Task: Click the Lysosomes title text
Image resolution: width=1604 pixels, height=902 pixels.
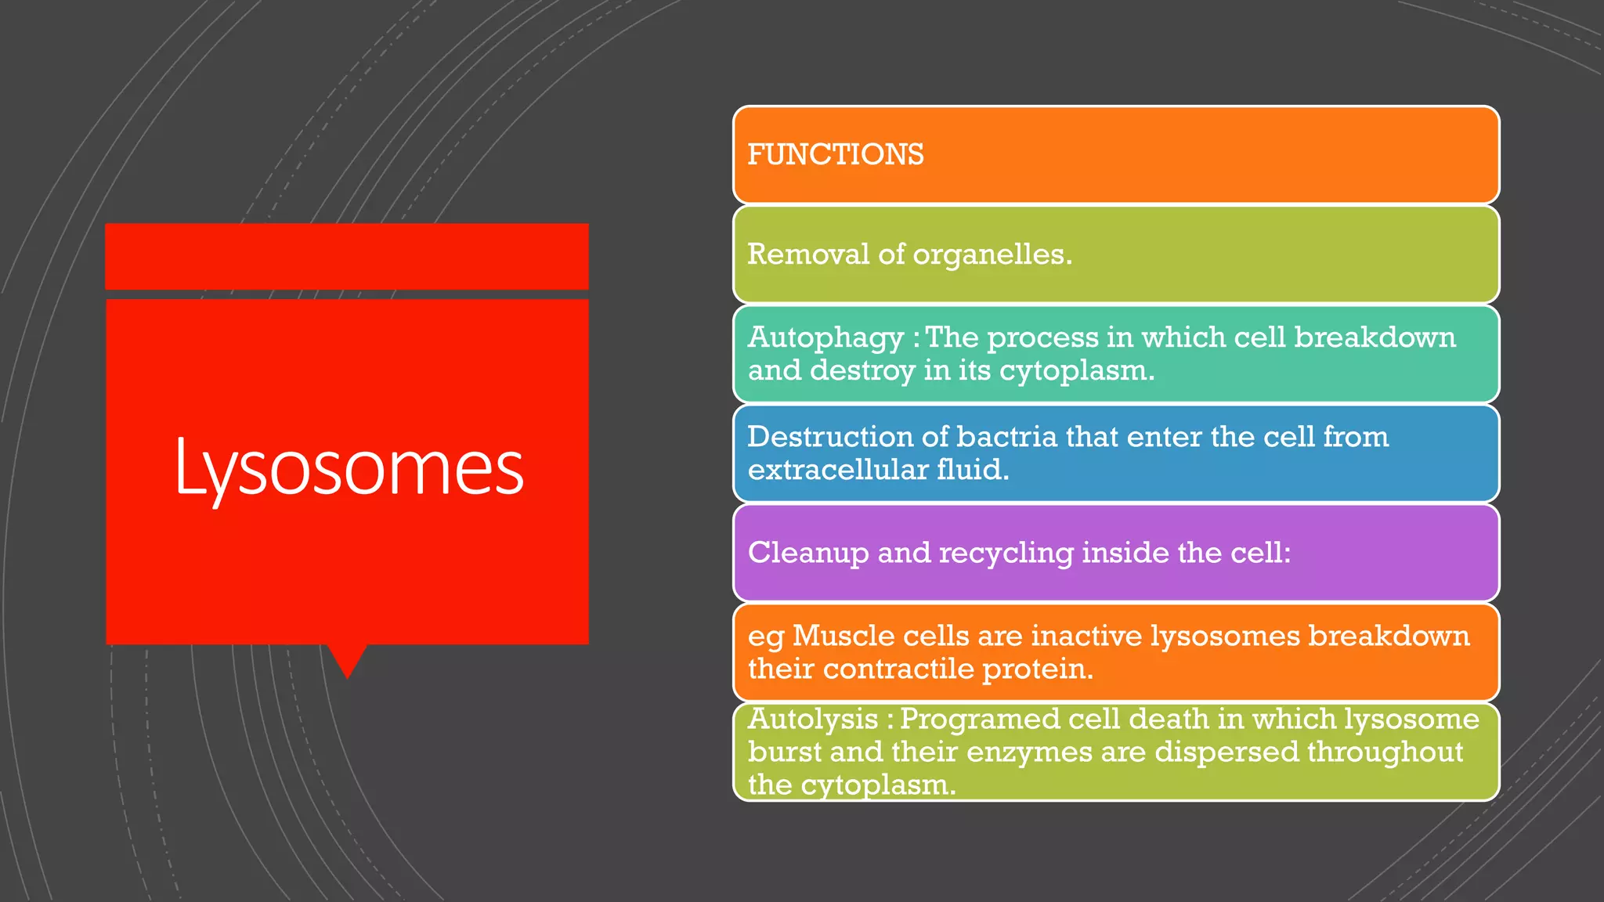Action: point(349,468)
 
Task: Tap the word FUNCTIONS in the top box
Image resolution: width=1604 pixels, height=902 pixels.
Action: point(836,155)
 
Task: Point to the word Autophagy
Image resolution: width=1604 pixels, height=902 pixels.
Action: point(825,338)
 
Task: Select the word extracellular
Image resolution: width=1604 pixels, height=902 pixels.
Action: point(834,470)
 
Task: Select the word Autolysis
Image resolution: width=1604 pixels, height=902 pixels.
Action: point(813,719)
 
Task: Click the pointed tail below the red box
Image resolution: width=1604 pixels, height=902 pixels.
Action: point(347,659)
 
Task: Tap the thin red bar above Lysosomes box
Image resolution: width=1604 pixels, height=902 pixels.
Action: point(347,256)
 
